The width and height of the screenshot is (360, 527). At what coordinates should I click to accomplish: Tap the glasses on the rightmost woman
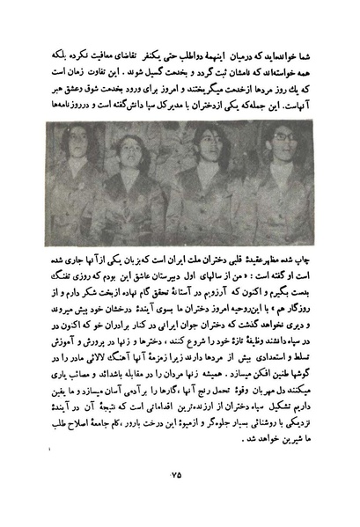tap(283, 143)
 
